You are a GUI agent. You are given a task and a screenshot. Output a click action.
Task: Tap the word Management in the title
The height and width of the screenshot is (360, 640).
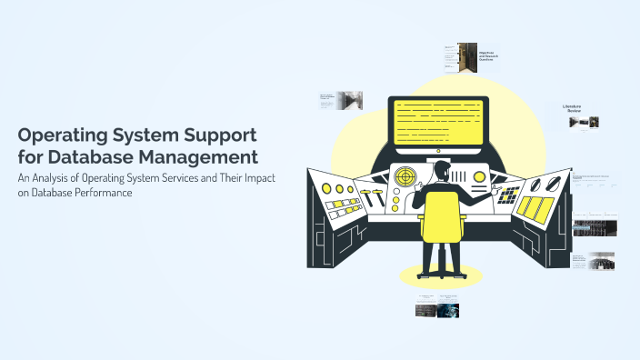203,157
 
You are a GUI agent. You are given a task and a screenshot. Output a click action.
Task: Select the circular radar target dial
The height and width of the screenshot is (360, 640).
405,176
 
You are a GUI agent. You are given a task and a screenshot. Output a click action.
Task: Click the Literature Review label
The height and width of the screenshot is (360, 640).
578,108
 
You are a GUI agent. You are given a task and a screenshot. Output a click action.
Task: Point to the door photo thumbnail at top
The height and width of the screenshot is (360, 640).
467,56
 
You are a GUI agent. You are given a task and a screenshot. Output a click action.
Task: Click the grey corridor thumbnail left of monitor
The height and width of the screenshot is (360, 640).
350,99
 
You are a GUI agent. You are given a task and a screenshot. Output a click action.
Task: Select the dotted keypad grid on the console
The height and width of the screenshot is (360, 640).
509,195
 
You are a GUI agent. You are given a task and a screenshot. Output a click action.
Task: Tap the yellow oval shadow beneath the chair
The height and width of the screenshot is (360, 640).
441,275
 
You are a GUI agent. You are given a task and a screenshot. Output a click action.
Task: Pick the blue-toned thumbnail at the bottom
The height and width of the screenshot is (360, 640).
448,310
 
